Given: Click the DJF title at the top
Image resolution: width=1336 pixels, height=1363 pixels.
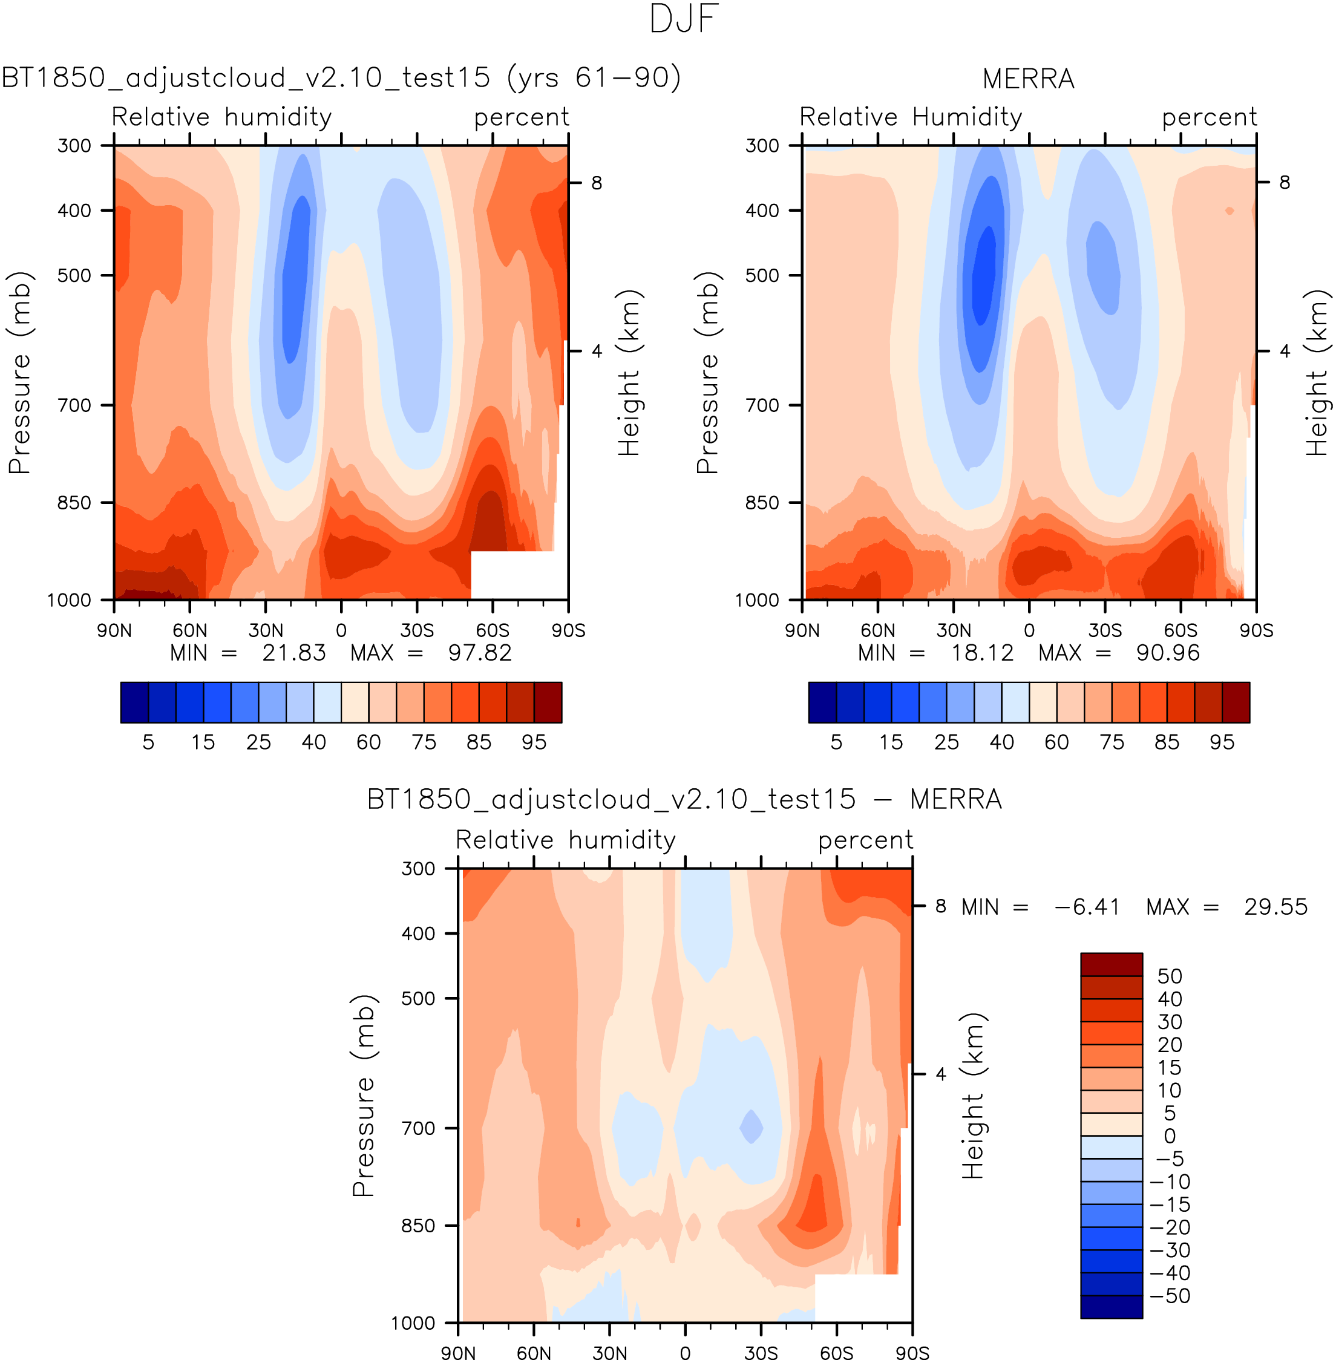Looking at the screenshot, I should pos(684,19).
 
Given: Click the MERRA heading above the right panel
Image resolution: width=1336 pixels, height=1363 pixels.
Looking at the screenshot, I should pos(1028,79).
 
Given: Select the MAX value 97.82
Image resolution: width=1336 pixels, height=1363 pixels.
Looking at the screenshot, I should pos(480,653).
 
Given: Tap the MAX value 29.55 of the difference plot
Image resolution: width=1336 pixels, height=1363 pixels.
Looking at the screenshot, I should pos(1275,907).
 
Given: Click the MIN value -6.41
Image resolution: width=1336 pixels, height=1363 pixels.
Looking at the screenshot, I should pos(1087,907).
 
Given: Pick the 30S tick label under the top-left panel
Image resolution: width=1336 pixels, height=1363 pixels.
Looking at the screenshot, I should pos(417,630).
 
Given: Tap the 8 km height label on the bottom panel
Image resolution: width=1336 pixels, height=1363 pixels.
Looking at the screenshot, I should pos(941,906).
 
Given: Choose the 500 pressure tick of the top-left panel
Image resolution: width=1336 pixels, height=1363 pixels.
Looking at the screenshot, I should pos(74,276).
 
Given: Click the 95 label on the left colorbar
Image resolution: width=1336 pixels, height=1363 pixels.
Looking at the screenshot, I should pos(534,742).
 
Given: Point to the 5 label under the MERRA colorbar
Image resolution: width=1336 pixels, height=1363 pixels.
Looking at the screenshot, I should pos(836,742).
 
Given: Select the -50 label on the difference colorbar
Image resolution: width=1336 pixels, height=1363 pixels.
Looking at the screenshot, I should pos(1170,1296).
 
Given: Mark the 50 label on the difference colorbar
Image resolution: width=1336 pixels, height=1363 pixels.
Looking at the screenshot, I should pos(1170,976).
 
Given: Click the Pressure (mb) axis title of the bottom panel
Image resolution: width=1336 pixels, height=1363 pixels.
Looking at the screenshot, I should pos(364,1095).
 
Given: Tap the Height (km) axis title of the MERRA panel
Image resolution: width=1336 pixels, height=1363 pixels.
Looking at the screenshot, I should pos(1317,373).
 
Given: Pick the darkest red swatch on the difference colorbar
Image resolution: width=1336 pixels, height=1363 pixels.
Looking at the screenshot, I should pos(1112,964).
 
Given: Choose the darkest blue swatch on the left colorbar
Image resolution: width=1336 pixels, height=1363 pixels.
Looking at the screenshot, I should pos(134,702).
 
